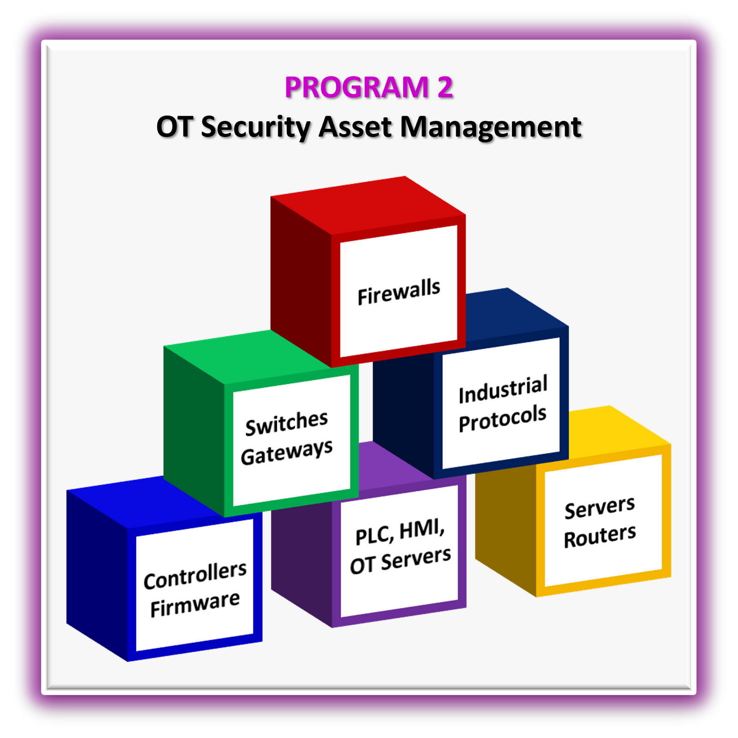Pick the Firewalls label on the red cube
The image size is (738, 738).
coord(399,292)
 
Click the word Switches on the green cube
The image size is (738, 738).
coord(286,423)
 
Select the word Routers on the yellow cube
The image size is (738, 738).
coord(600,536)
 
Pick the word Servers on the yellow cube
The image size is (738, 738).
coord(600,508)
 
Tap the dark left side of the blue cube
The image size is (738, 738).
coord(97,572)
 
